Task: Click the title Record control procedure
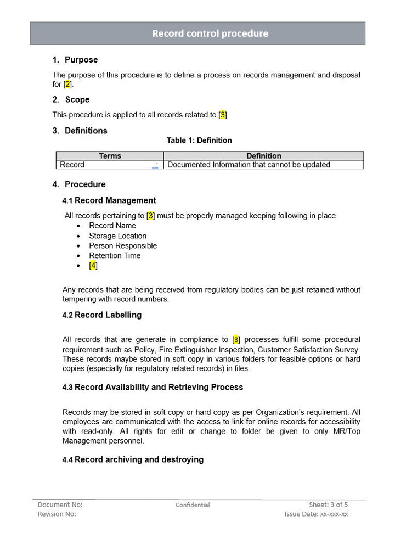tap(210, 33)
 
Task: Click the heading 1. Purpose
tap(75, 60)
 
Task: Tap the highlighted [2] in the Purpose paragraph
tap(67, 85)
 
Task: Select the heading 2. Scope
tap(71, 99)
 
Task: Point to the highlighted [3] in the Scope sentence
tap(222, 115)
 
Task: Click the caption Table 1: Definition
tap(199, 141)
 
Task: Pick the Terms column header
tap(110, 156)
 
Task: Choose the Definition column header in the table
tap(263, 156)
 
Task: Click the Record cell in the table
tap(72, 165)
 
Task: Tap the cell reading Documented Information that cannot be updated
tap(249, 165)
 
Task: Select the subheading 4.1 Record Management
tap(109, 200)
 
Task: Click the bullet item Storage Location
tap(117, 236)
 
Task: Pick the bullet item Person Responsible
tap(123, 245)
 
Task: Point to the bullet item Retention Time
tap(115, 255)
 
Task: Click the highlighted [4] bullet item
tap(93, 265)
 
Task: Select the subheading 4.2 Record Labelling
tap(102, 315)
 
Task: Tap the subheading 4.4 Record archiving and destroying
tap(133, 459)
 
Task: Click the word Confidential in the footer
tap(193, 505)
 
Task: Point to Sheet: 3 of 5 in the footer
tap(328, 505)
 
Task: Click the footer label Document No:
tap(60, 505)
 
